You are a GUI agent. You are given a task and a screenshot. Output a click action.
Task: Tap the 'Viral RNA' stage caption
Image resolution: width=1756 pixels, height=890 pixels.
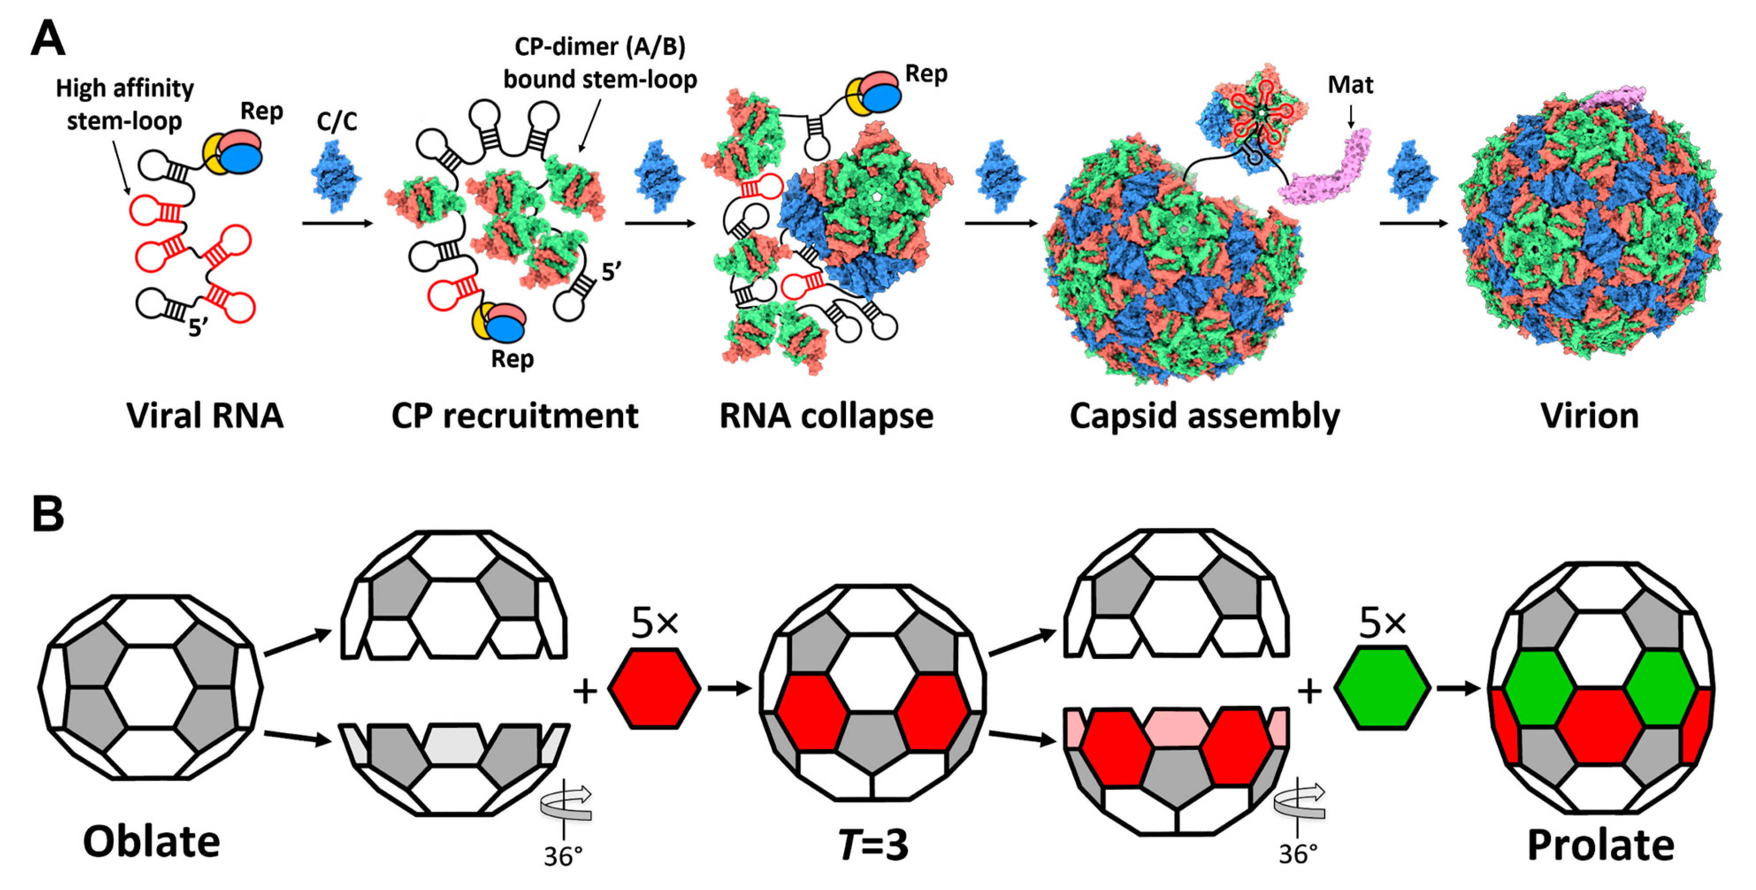coord(204,416)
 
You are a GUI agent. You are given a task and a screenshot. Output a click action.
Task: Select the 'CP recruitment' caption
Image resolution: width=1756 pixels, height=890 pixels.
coord(515,416)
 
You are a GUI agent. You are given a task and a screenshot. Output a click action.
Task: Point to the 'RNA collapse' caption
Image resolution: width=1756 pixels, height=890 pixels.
coord(826,416)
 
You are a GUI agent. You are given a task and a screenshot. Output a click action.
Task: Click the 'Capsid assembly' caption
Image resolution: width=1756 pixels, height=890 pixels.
coord(1205,416)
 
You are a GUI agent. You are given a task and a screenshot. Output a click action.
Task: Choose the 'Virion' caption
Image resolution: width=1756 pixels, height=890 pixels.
coord(1590,416)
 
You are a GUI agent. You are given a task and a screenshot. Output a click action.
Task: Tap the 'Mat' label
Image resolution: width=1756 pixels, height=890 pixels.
coord(1350,85)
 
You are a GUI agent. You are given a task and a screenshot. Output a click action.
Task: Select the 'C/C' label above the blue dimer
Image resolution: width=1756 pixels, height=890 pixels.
coord(337,121)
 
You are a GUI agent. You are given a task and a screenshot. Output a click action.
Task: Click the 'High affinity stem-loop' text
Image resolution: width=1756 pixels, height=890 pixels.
coord(124,104)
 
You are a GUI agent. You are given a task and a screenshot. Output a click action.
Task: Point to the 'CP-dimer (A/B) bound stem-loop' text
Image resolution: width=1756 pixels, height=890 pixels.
coord(600,63)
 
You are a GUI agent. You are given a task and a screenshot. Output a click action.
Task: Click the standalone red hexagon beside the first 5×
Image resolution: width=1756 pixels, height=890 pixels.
coord(654,689)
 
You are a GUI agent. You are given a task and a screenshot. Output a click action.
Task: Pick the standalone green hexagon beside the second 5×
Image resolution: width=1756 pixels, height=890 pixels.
coord(1382,689)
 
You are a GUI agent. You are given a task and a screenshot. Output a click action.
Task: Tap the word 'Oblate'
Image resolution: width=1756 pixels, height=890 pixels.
coord(151,842)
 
